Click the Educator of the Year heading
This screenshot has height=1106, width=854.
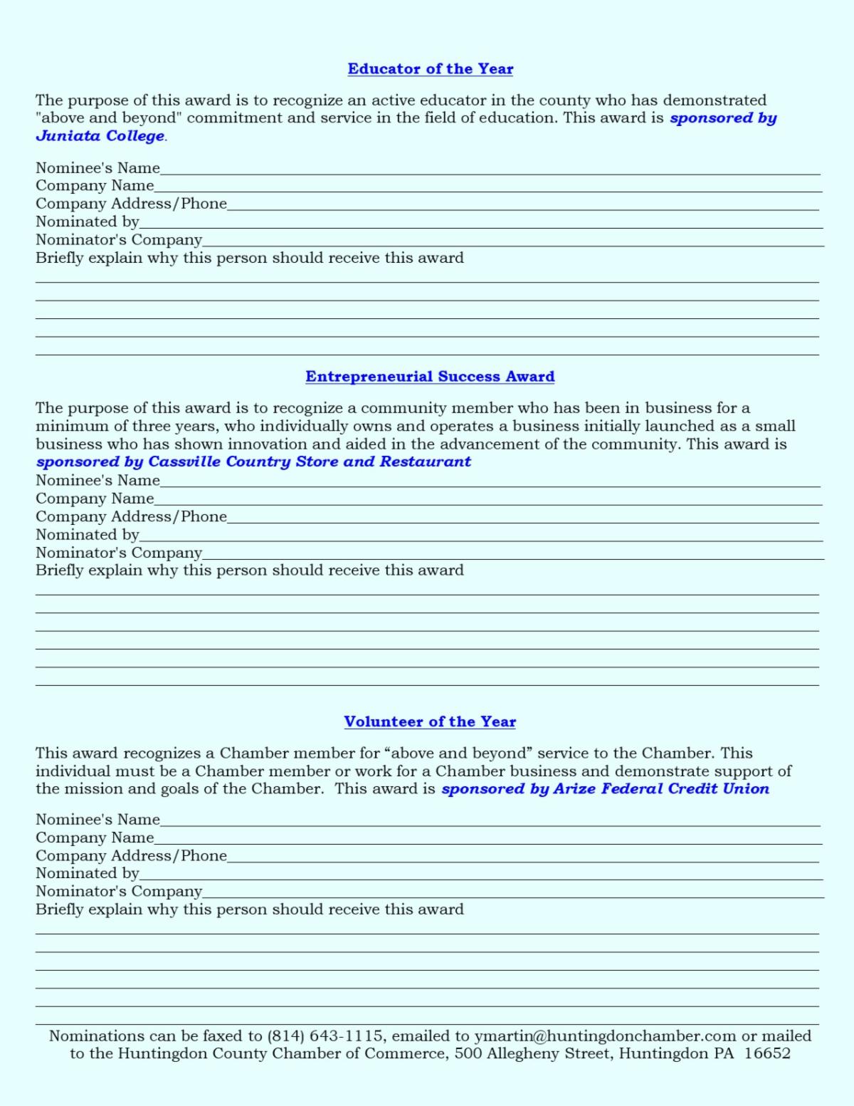click(x=430, y=69)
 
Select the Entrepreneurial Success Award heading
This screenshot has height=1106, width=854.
click(x=430, y=377)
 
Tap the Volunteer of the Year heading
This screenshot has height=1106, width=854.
click(x=430, y=721)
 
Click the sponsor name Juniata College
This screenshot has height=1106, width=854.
click(x=100, y=136)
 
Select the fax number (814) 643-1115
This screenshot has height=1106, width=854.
click(x=326, y=1036)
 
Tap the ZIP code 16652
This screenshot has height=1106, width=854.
click(x=767, y=1054)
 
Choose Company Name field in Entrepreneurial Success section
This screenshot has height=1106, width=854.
click(x=487, y=500)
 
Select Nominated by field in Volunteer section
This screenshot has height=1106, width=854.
click(x=480, y=875)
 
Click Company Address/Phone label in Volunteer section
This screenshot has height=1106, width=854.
click(x=132, y=856)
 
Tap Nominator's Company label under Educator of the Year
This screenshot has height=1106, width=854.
click(x=119, y=240)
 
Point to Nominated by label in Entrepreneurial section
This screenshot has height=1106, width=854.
click(x=88, y=535)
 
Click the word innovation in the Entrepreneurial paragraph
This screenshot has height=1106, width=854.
click(x=267, y=444)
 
